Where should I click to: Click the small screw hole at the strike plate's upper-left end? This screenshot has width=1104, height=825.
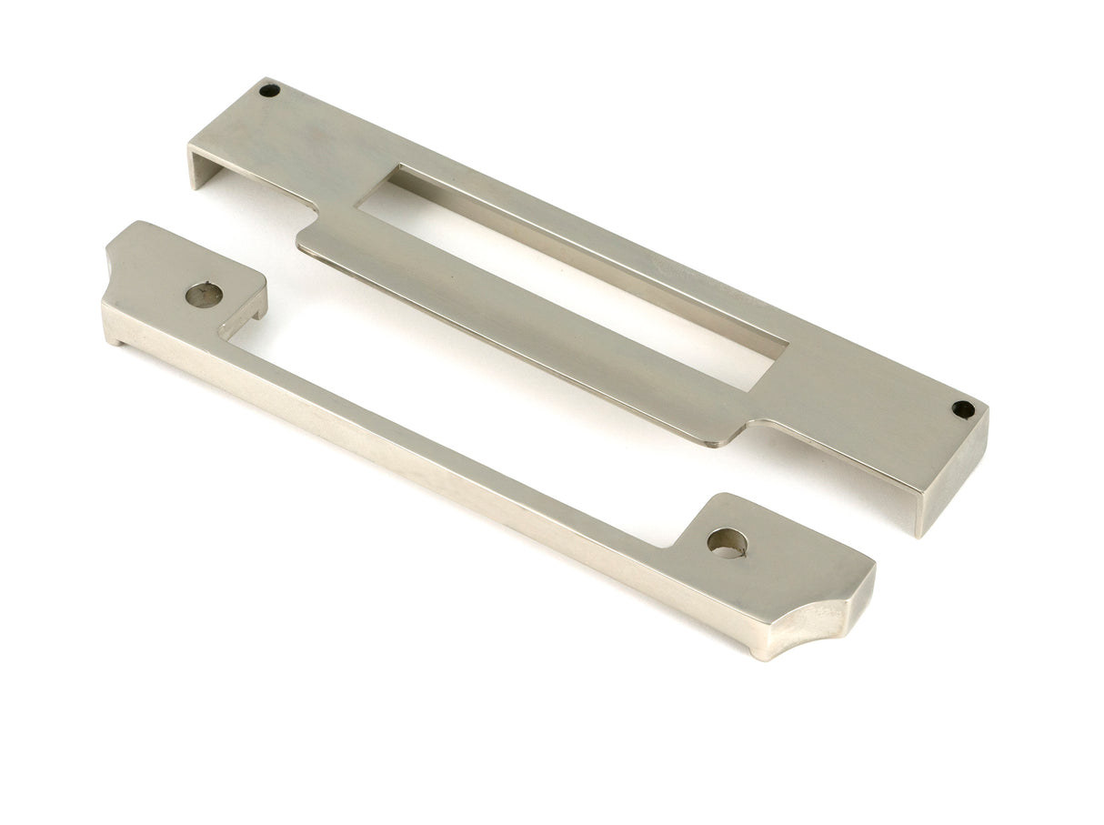(268, 90)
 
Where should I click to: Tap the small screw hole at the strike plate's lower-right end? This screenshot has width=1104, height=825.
(963, 408)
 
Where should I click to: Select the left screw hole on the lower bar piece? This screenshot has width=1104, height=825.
(204, 294)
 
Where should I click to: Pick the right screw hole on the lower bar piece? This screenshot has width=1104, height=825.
(727, 542)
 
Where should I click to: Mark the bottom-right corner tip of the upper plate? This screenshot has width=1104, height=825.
(920, 535)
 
